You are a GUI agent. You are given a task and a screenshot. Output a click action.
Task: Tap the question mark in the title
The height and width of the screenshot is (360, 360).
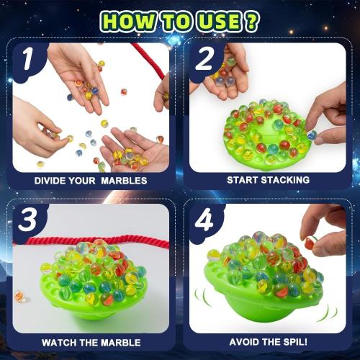[251, 22]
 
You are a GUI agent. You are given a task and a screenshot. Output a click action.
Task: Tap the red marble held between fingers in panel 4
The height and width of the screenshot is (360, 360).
[309, 243]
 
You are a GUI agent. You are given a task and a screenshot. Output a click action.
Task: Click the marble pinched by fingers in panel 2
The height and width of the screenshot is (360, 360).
[312, 135]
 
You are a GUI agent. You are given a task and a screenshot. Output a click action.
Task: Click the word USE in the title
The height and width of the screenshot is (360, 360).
[220, 22]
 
